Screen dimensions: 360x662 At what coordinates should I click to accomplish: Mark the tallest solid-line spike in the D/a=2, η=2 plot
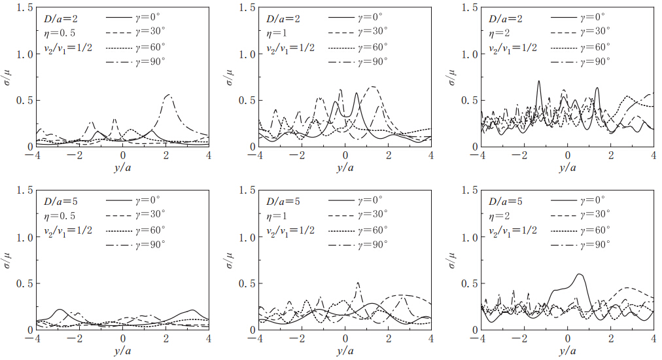click(x=538, y=82)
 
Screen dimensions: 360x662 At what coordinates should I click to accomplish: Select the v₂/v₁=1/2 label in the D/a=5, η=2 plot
click(x=513, y=229)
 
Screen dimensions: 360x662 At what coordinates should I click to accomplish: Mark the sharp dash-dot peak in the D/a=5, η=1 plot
click(x=358, y=283)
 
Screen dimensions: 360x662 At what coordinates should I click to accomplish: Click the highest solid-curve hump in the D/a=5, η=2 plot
click(x=579, y=275)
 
